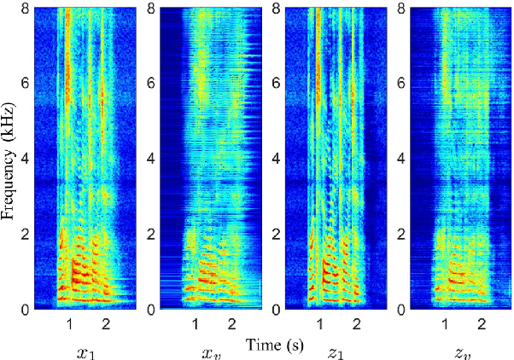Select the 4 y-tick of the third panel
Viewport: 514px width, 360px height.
(274, 159)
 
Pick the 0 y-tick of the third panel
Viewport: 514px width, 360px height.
(274, 308)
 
